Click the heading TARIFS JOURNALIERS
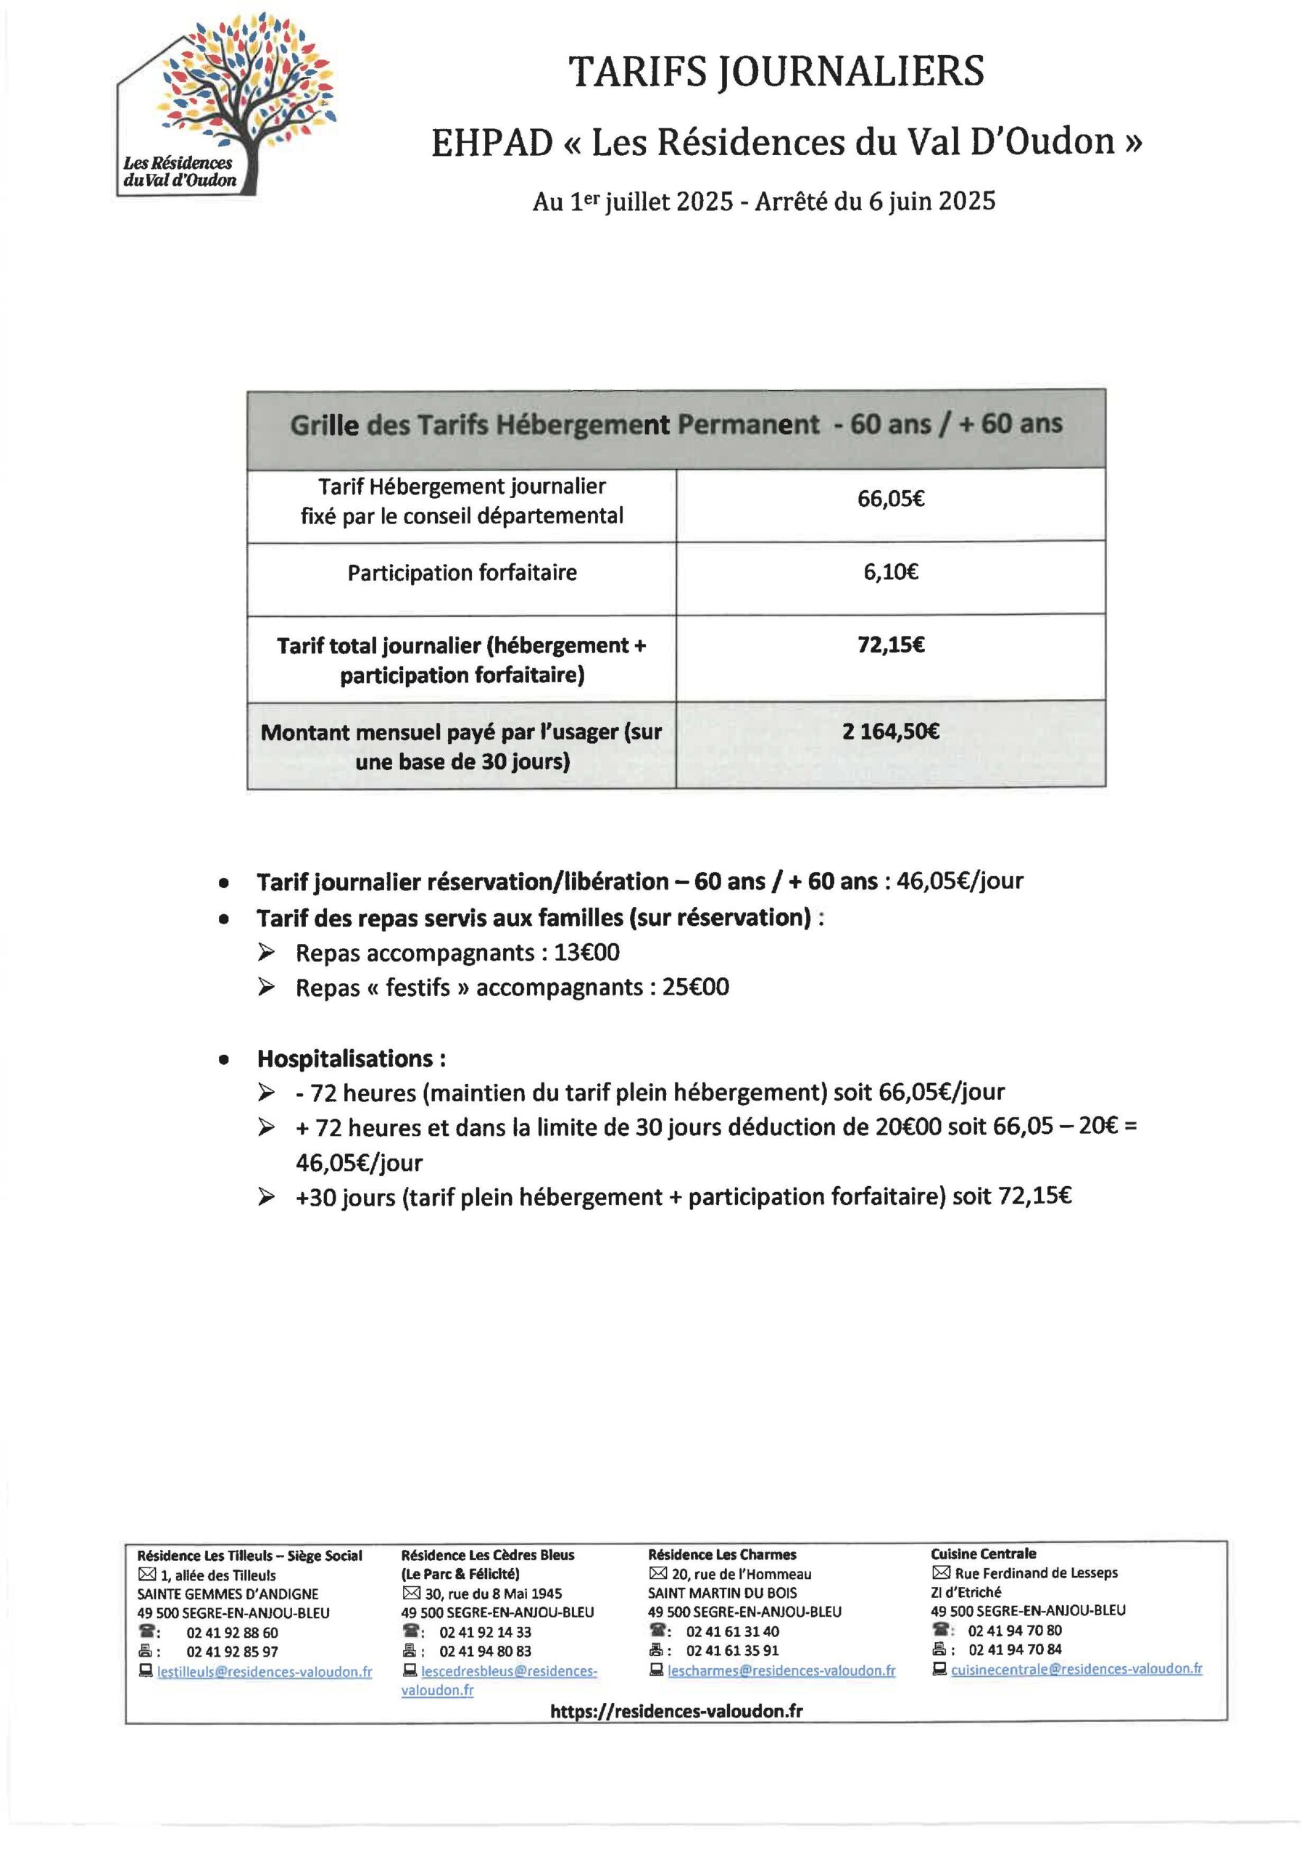pyautogui.click(x=776, y=71)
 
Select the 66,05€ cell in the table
pyautogui.click(x=890, y=499)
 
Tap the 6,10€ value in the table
pyautogui.click(x=890, y=572)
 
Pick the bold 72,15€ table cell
pyautogui.click(x=890, y=645)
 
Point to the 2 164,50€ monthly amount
pyautogui.click(x=890, y=732)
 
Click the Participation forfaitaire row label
pyautogui.click(x=462, y=573)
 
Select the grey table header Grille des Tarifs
pyautogui.click(x=676, y=425)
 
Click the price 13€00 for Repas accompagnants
pyautogui.click(x=586, y=952)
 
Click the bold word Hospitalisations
pyautogui.click(x=351, y=1058)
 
